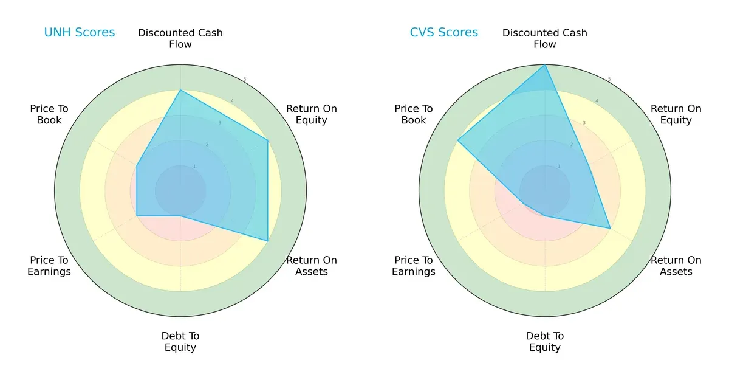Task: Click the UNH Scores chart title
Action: pos(79,33)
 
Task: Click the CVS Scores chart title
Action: pos(443,33)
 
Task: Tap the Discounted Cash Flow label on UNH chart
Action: pos(180,38)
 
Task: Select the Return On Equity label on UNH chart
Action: pos(311,114)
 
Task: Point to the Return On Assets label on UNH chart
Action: pos(311,266)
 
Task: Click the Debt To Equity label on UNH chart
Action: pos(180,342)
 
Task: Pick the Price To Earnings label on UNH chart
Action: pos(49,266)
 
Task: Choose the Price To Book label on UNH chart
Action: pos(49,114)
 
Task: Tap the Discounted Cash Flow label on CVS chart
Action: pos(545,38)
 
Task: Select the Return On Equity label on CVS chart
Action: pos(676,114)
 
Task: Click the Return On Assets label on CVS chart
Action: pos(676,266)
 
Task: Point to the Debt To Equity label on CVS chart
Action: pos(545,342)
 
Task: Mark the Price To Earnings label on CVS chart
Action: pos(414,266)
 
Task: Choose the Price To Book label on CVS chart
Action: pos(414,114)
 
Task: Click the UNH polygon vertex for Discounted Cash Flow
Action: pos(180,90)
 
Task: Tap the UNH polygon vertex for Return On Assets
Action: pos(268,241)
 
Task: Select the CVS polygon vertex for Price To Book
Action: pos(457,140)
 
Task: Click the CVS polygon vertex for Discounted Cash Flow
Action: pos(545,65)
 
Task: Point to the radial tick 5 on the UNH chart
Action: pos(245,80)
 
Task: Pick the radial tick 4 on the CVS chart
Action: pos(596,101)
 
